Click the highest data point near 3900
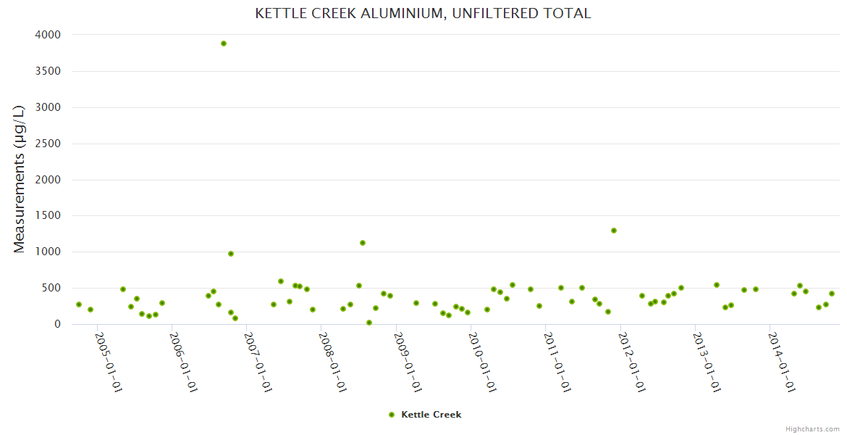click(224, 43)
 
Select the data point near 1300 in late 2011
click(614, 231)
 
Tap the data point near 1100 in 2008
click(363, 243)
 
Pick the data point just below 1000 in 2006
click(231, 254)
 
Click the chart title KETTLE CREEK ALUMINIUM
click(423, 14)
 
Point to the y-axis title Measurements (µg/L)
click(20, 179)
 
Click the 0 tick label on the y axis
click(57, 324)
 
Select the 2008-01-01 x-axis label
click(333, 362)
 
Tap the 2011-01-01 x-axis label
click(557, 362)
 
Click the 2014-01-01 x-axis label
click(782, 362)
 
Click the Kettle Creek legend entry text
click(431, 415)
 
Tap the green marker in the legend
click(392, 415)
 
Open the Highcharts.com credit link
click(812, 428)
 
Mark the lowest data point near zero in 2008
click(369, 323)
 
